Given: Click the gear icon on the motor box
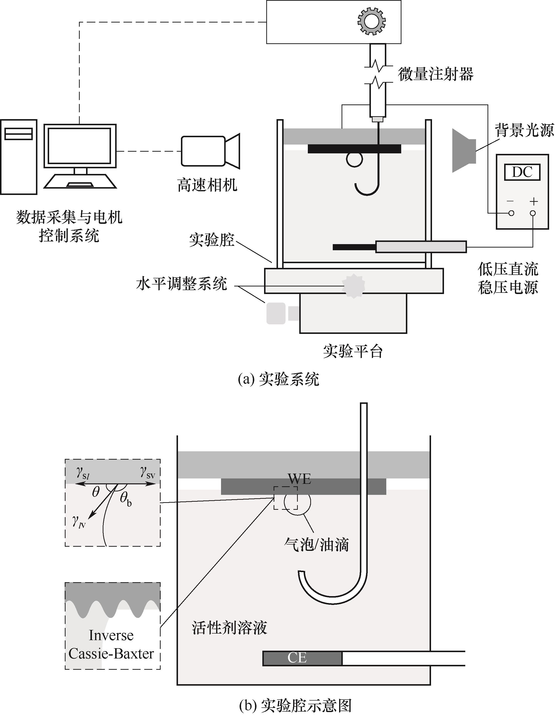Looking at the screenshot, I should (371, 21).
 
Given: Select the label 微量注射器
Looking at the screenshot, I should (435, 74).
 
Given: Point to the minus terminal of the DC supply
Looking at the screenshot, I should (511, 213).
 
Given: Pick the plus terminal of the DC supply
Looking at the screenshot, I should (533, 213).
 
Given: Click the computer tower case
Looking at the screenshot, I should (18, 157).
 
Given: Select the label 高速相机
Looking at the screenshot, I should (207, 185).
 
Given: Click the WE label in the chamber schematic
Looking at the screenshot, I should (299, 479).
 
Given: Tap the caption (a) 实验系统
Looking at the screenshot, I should (278, 379).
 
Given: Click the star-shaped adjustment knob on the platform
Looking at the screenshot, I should (353, 286).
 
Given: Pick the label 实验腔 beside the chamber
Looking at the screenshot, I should (212, 240).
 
